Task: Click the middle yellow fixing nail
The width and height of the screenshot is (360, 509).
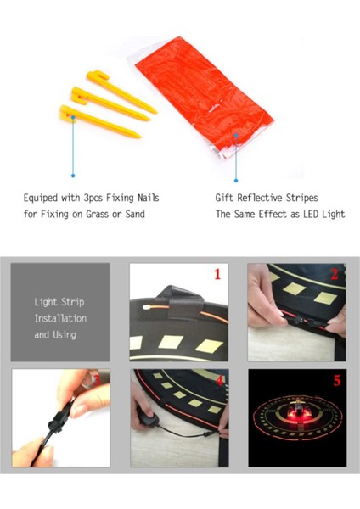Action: coord(110,103)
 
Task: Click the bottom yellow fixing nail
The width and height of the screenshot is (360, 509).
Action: coord(99,121)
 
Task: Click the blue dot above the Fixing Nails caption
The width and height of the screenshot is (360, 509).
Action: coord(73,176)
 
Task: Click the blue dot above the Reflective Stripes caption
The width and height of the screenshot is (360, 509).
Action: coord(236,181)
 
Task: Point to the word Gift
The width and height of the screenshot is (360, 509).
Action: coord(224,198)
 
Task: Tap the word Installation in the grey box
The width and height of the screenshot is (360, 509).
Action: coord(60,318)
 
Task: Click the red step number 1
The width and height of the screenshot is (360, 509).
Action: coord(217,274)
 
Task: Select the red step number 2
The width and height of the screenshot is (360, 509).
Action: coord(335,274)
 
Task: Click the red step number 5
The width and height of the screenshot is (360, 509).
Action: coord(337,380)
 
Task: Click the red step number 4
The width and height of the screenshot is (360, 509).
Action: coord(220,380)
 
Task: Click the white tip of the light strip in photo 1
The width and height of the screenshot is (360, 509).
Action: coord(146,306)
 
